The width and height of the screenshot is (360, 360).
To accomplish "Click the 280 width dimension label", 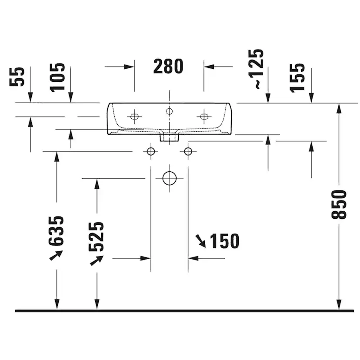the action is coord(168,67).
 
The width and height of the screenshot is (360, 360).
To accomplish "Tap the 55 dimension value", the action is coord(17,77).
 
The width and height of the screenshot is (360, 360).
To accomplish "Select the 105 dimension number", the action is coord(57,78).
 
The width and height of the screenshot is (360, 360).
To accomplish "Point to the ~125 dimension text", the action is coord(256,69).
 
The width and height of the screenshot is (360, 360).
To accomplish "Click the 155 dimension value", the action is coord(297,78).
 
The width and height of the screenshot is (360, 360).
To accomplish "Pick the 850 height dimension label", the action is coord(339,205).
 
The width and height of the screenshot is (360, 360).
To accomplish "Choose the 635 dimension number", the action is coord(56,231).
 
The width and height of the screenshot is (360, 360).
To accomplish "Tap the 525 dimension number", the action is coord(96,237).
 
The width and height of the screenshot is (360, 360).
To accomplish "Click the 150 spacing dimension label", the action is coord(224,241).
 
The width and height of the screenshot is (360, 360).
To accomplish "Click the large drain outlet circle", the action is coord(170,171).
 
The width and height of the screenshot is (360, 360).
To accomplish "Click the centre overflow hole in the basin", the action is coord(169,108).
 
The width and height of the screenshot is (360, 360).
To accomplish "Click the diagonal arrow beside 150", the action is coord(200,241).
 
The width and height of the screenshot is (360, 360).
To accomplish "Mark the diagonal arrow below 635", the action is coord(56,256).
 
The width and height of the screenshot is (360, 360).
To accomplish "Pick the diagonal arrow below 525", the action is coord(97,260).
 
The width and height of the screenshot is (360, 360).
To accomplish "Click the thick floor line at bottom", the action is coord(185,311).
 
